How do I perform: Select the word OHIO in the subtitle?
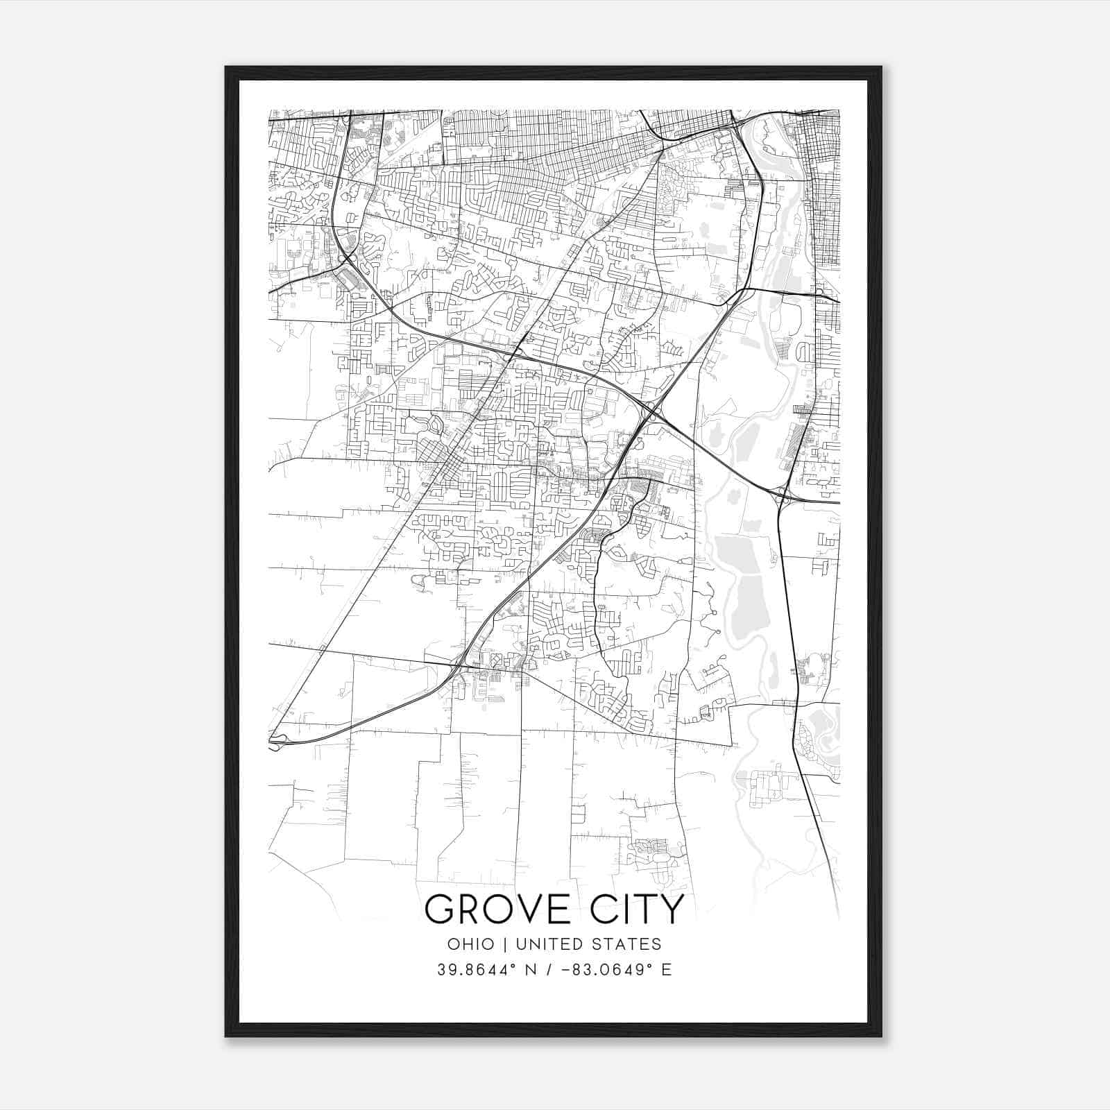tap(471, 944)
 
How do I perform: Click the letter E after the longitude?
tap(667, 970)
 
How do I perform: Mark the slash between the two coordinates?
tap(549, 970)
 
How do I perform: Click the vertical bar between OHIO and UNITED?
tap(505, 944)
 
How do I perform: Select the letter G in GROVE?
tap(439, 910)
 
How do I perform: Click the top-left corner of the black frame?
tap(226, 67)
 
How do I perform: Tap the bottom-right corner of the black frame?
tap(881, 1036)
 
